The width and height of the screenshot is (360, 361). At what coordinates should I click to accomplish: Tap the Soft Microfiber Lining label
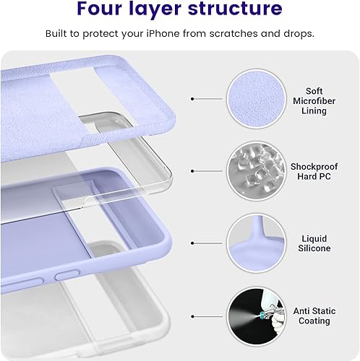click(314, 101)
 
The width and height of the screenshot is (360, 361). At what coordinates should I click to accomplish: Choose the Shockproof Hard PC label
click(314, 170)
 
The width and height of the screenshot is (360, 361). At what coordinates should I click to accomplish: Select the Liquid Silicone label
click(314, 243)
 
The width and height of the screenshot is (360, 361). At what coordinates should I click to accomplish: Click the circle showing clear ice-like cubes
click(255, 170)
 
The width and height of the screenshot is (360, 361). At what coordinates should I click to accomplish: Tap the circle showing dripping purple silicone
click(255, 242)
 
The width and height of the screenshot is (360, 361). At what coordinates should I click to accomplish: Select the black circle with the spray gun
click(255, 316)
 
